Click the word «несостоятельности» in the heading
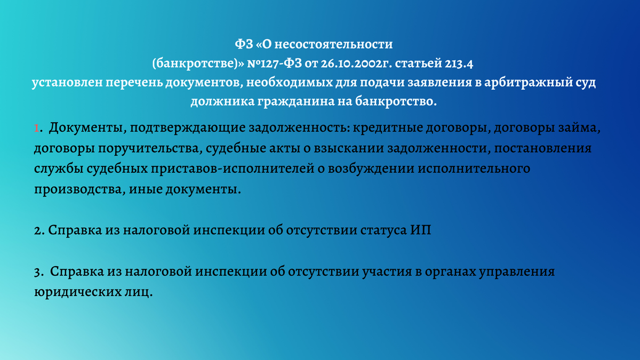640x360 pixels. click(x=333, y=44)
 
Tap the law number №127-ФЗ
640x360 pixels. click(x=274, y=63)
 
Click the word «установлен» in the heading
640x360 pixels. click(x=67, y=83)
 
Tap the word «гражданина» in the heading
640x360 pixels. click(x=295, y=102)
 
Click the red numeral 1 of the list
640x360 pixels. click(x=37, y=128)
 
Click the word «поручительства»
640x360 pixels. click(x=148, y=149)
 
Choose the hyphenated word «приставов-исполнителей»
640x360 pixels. click(x=233, y=169)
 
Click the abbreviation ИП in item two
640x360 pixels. click(x=421, y=230)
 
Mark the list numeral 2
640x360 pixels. click(x=38, y=231)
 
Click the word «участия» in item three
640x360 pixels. click(x=387, y=271)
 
